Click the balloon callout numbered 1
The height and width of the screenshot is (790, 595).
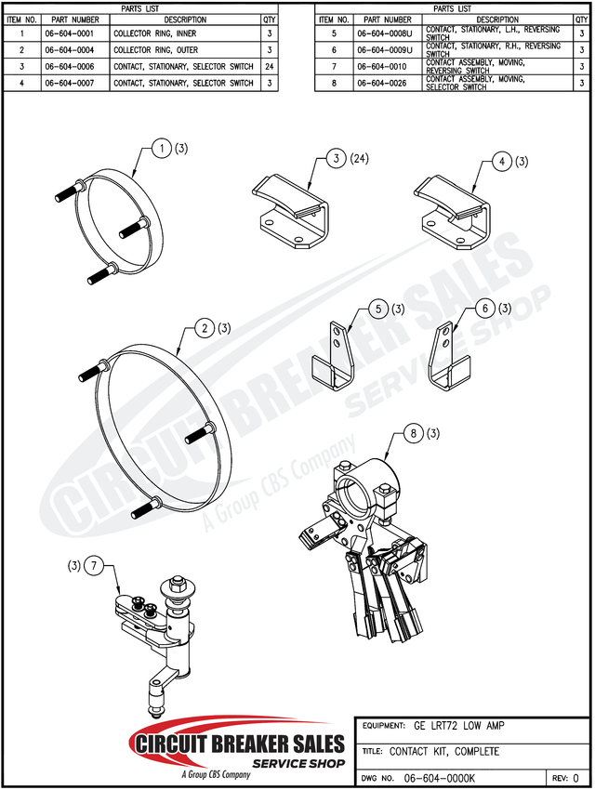pyautogui.click(x=162, y=148)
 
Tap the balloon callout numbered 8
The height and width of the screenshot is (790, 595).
pyautogui.click(x=414, y=433)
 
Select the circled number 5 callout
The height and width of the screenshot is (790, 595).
pyautogui.click(x=378, y=309)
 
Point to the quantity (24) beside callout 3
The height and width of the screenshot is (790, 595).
pyautogui.click(x=358, y=159)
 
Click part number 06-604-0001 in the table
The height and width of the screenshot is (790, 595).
pyautogui.click(x=70, y=33)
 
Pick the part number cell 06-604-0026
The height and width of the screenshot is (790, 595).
pyautogui.click(x=382, y=83)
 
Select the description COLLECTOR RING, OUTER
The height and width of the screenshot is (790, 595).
pyautogui.click(x=155, y=50)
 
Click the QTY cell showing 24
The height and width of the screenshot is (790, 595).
pyautogui.click(x=270, y=67)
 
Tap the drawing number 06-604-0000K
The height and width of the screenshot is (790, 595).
pyautogui.click(x=440, y=778)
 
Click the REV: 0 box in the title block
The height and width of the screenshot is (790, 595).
pyautogui.click(x=566, y=778)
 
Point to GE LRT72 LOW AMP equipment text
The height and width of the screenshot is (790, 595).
pyautogui.click(x=459, y=726)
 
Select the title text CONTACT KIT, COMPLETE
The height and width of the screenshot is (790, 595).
pyautogui.click(x=444, y=751)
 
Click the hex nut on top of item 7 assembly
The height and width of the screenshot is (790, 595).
pyautogui.click(x=178, y=583)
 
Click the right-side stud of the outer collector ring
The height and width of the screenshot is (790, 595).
pyautogui.click(x=201, y=433)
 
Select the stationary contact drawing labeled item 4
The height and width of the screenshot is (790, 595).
pyautogui.click(x=452, y=212)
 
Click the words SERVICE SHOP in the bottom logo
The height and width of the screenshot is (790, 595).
pyautogui.click(x=298, y=763)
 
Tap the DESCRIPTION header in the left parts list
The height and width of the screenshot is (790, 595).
pyautogui.click(x=185, y=20)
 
